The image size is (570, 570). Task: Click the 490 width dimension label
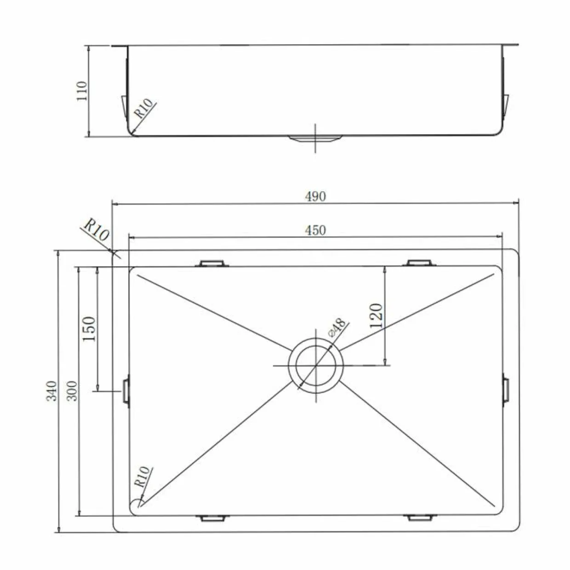click(x=315, y=196)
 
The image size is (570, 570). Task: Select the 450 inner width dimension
click(x=315, y=230)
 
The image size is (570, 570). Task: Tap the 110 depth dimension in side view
click(x=82, y=91)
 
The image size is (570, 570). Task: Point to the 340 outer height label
click(x=51, y=391)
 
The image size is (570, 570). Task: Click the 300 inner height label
click(x=72, y=391)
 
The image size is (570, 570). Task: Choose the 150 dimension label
click(x=89, y=329)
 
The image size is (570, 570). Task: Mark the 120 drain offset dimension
click(x=376, y=316)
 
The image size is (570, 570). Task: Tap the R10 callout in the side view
click(x=144, y=108)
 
